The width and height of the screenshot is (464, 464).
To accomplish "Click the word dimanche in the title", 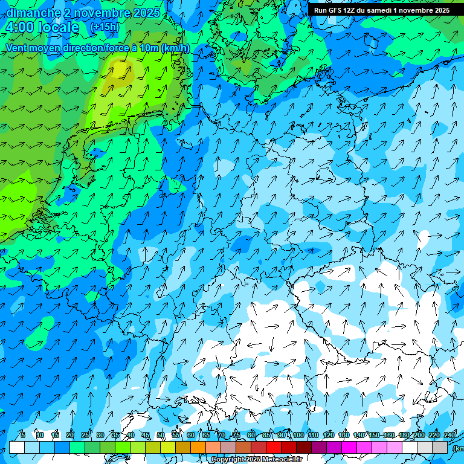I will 33,13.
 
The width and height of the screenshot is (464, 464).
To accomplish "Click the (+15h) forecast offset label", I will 105,27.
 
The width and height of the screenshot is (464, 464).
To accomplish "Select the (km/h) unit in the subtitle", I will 175,48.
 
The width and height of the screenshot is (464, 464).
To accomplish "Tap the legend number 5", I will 23,435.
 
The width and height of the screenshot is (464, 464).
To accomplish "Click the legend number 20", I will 70,435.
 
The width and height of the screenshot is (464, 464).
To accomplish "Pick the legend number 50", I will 161,435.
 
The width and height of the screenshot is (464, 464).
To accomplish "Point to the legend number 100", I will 298,435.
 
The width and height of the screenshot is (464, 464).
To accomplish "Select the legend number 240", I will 449,435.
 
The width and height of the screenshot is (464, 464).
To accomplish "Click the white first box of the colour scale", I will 17,447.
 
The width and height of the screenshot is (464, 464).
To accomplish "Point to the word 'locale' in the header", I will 58,27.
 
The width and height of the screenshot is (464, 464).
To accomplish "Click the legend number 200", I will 418,435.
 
